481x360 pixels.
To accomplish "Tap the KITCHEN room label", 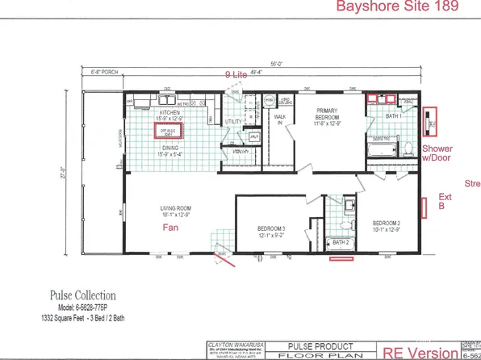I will pyautogui.click(x=169, y=111).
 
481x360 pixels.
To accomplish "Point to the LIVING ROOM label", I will pyautogui.click(x=174, y=210).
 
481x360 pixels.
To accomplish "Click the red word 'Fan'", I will pyautogui.click(x=171, y=228).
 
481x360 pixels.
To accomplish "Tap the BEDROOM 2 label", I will pyautogui.click(x=387, y=221).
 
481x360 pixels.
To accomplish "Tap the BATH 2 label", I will pyautogui.click(x=341, y=241).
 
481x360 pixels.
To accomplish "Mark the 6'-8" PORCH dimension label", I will pyautogui.click(x=104, y=73).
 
